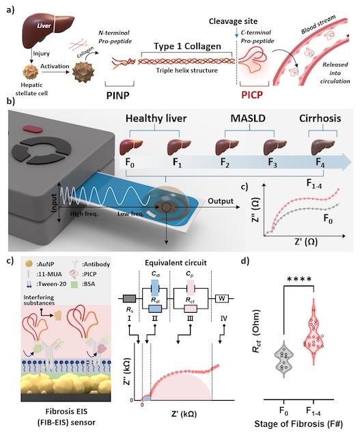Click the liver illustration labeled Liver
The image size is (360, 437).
point(47,29)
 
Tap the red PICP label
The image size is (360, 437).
point(252,96)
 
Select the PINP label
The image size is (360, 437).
point(118,96)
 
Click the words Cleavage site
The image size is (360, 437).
point(233,21)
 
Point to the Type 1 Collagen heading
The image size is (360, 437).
point(187,46)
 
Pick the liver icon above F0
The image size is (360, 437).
point(131,147)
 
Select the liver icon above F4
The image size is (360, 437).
point(323,147)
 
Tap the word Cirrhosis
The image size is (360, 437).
point(320,118)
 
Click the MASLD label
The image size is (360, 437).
point(248,118)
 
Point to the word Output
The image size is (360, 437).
point(221,201)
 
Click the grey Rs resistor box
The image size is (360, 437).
point(129,299)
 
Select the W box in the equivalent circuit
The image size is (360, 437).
point(222,299)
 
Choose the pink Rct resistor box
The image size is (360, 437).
point(191,309)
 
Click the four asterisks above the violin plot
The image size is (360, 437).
point(299,279)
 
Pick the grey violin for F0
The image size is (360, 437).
point(284,359)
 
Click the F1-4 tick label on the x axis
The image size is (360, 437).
point(314,411)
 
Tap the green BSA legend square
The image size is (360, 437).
point(74,284)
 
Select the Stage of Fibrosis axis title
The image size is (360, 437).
point(299,424)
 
